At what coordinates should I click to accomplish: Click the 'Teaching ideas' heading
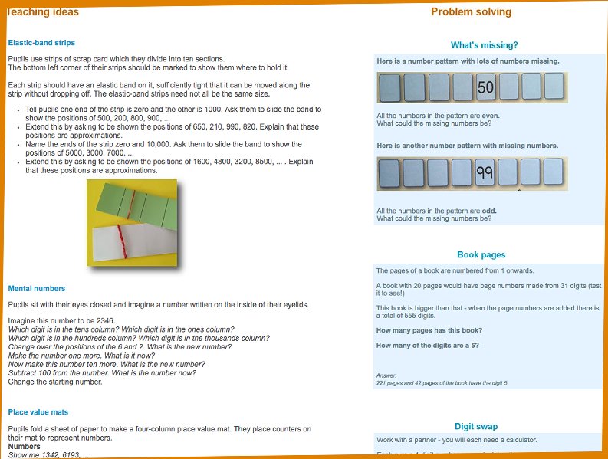(43, 11)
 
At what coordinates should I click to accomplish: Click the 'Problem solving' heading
(471, 11)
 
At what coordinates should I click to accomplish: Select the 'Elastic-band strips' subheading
(41, 43)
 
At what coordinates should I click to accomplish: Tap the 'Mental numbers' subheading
(37, 289)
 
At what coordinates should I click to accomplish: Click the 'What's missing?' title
(484, 45)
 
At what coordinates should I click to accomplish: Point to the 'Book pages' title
(481, 255)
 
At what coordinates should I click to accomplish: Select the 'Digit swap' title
(476, 427)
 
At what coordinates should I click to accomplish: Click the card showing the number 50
(485, 87)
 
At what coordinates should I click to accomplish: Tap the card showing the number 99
(485, 173)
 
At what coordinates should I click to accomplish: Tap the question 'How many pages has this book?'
(429, 330)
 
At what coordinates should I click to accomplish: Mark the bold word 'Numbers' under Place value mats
(24, 446)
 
